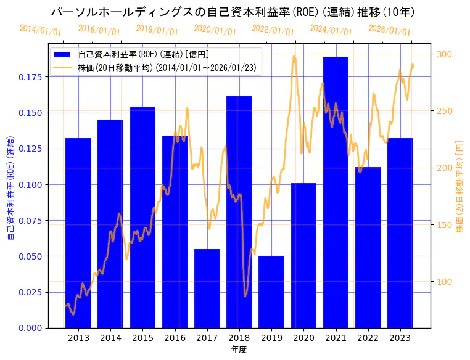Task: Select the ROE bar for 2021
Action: [336, 192]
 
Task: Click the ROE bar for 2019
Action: [271, 292]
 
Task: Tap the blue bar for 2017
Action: [207, 288]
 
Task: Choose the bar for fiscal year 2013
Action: [78, 232]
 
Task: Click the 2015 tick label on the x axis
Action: [142, 337]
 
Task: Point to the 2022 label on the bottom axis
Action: [368, 337]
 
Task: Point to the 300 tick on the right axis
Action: [444, 54]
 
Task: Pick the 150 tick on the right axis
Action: [444, 225]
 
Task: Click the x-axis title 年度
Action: [239, 350]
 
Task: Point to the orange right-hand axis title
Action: [460, 185]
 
